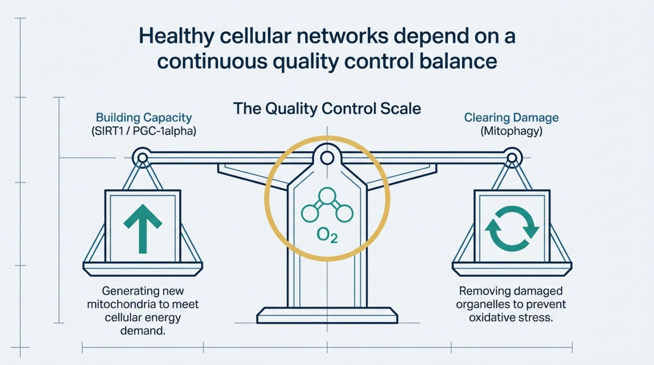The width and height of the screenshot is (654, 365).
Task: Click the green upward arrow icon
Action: [143, 228]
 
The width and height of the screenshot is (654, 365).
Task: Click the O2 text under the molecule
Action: [327, 235]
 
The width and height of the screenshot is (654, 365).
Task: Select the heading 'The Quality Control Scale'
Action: [327, 109]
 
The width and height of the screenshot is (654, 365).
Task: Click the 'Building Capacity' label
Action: [144, 117]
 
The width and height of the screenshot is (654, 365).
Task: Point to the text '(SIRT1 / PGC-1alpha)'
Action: [144, 131]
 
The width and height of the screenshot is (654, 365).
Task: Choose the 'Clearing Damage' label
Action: [511, 117]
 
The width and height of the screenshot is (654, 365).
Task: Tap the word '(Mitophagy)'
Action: [511, 131]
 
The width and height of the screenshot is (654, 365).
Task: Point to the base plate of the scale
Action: [327, 315]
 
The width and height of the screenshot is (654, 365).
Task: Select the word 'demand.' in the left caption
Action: [143, 331]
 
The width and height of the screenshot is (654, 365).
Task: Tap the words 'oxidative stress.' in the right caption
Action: [511, 318]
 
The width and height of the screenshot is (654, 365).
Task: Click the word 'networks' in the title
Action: [342, 36]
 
